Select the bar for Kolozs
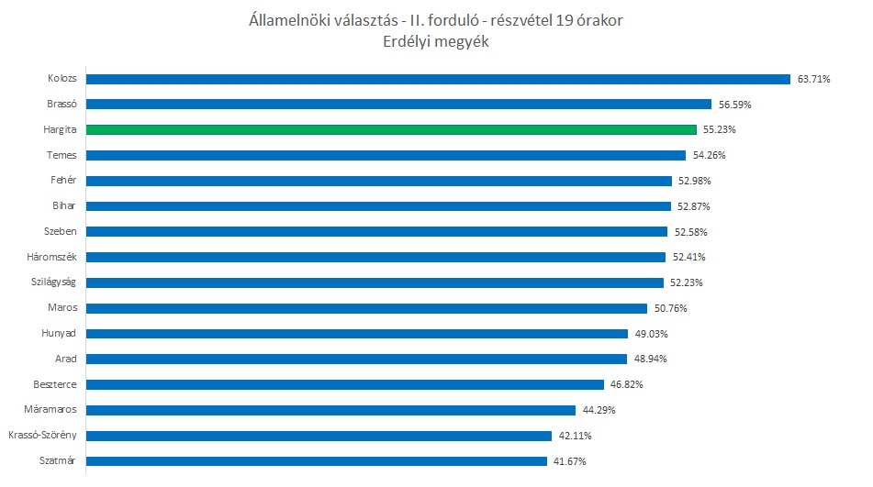[439, 79]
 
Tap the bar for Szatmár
[317, 460]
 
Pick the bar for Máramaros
[330, 410]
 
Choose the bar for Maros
[366, 308]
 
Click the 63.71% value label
[814, 79]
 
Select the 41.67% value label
[569, 461]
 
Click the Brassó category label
[62, 105]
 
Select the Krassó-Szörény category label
[42, 436]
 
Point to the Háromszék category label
[53, 257]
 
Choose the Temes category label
[62, 155]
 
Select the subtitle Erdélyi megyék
[436, 41]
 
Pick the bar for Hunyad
[357, 334]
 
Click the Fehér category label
[63, 181]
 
